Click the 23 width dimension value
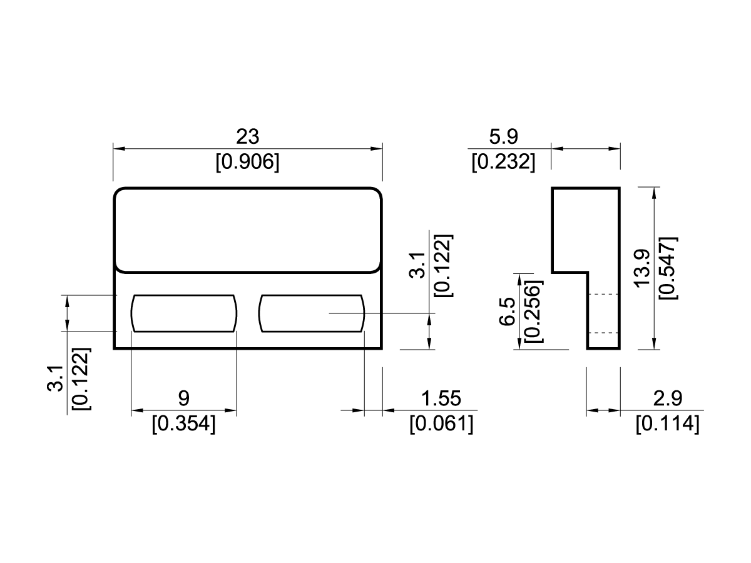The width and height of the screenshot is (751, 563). click(247, 136)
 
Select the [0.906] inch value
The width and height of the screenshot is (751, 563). click(247, 163)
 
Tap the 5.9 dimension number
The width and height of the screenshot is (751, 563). click(503, 136)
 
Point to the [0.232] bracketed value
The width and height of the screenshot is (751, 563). click(503, 163)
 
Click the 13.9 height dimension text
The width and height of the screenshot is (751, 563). click(643, 268)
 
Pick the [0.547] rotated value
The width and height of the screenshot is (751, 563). click(668, 268)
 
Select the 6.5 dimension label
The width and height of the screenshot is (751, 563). click(508, 311)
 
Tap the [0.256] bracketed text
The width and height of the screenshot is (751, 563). click(534, 311)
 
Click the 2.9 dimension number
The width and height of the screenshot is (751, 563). click(667, 398)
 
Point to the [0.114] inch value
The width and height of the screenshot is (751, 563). click(667, 424)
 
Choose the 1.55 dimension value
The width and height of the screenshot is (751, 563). click(441, 398)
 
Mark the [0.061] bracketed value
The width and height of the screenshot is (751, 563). click(441, 424)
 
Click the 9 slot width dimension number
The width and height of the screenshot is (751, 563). click(183, 398)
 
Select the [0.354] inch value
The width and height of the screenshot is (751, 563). click(183, 424)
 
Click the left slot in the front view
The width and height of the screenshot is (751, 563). click(183, 313)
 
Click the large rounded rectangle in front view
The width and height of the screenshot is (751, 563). click(247, 230)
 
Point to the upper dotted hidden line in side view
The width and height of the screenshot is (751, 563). click(603, 294)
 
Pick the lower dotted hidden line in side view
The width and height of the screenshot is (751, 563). click(603, 333)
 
